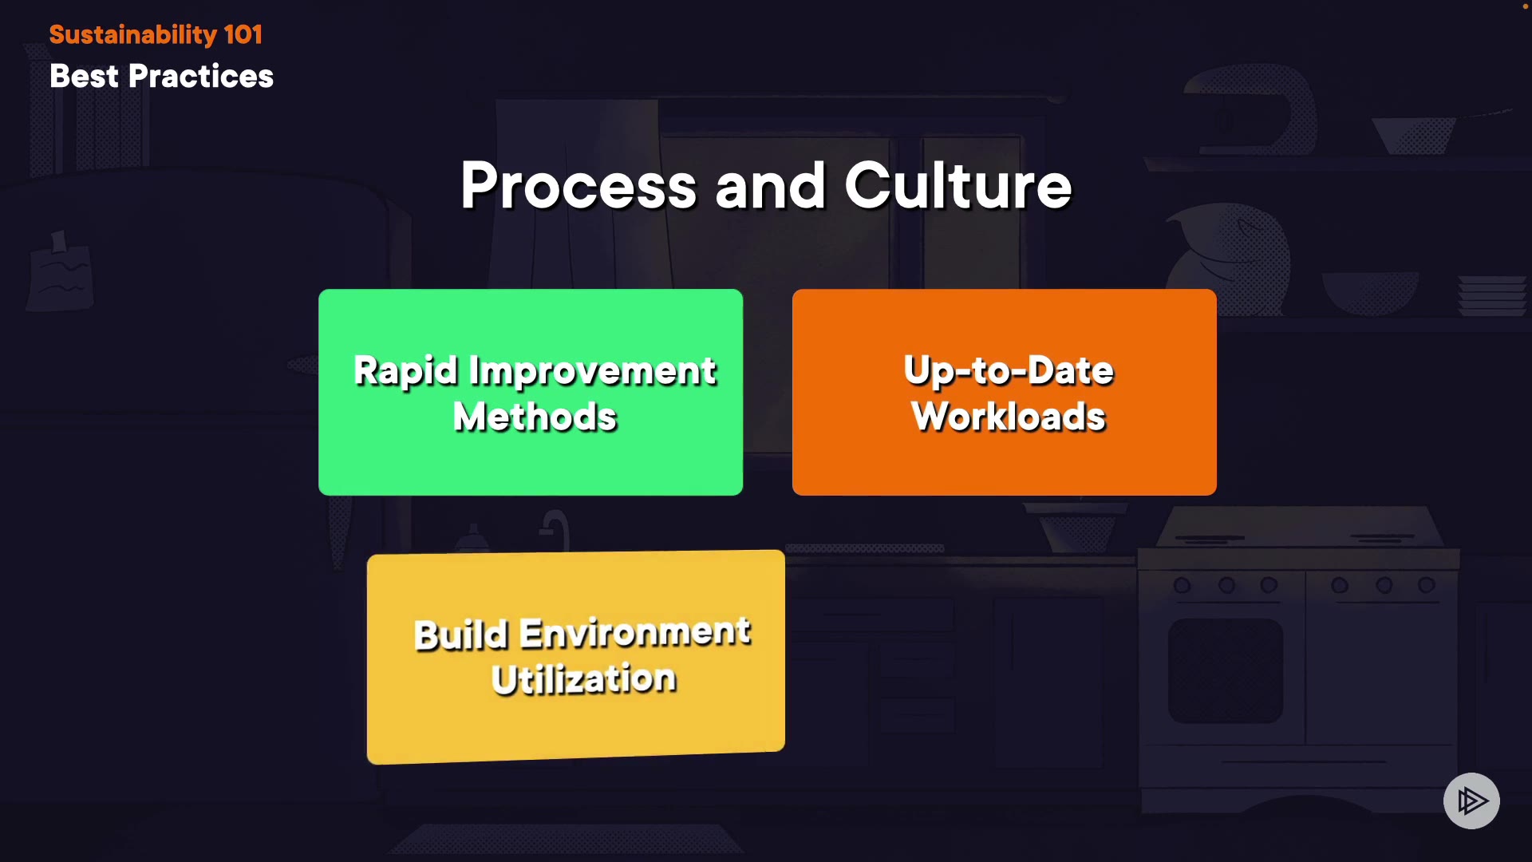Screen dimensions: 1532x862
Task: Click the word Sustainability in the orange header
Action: pos(132,35)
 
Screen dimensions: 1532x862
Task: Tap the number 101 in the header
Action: pos(243,35)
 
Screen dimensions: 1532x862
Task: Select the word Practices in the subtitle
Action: pos(201,77)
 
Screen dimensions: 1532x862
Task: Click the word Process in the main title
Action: pos(578,186)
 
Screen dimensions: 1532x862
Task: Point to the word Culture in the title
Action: pos(958,186)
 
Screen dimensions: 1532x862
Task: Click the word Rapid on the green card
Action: pos(406,371)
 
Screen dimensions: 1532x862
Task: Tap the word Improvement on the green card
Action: pos(593,371)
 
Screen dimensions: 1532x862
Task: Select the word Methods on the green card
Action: pos(535,417)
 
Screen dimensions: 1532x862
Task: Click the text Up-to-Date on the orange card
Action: pos(1009,370)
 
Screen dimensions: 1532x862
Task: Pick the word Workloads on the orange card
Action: pos(1009,417)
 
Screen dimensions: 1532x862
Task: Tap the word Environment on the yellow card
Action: pos(635,632)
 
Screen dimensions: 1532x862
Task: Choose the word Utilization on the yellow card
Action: pos(584,679)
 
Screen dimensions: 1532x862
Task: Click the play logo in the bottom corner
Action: pos(1471,801)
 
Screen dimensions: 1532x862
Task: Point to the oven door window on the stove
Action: pos(1226,670)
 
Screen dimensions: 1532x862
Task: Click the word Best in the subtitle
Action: pos(84,77)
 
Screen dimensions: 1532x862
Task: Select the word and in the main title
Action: pos(770,186)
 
